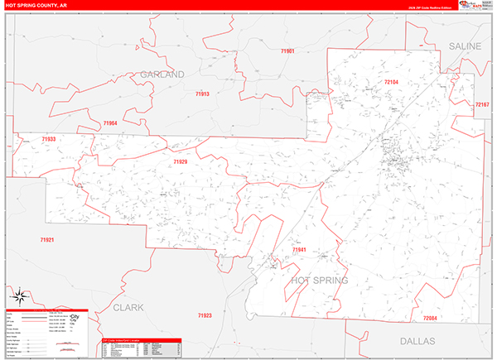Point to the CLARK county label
[128, 307]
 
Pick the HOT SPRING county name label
[320, 281]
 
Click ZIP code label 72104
[391, 82]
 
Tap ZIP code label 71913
[201, 94]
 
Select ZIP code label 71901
[287, 51]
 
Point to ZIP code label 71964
[110, 123]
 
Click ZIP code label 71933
[49, 140]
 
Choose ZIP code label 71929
[181, 162]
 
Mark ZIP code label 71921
[46, 239]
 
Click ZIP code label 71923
[205, 315]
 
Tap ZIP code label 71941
[299, 249]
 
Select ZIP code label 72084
[429, 319]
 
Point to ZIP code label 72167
[482, 105]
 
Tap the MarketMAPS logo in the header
[475, 7]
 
